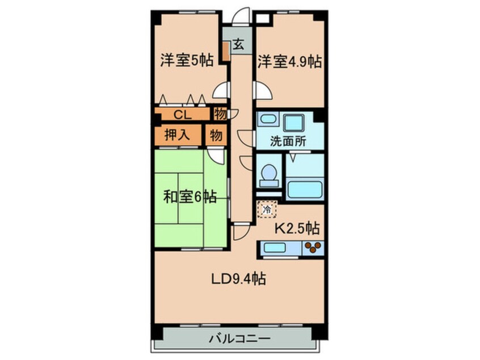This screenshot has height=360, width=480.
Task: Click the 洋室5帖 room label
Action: [186, 60]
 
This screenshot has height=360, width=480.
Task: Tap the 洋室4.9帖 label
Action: [290, 61]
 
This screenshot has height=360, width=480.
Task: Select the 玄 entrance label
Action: [239, 44]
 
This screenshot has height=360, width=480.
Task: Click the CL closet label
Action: [182, 115]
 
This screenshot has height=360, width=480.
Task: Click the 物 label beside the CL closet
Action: [221, 114]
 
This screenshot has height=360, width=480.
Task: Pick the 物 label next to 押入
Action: [216, 135]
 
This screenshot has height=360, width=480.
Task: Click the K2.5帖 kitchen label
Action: [297, 229]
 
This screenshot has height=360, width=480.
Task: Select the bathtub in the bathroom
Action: [305, 190]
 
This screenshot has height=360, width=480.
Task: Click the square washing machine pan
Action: [295, 122]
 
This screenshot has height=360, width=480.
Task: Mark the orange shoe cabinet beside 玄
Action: [226, 51]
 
